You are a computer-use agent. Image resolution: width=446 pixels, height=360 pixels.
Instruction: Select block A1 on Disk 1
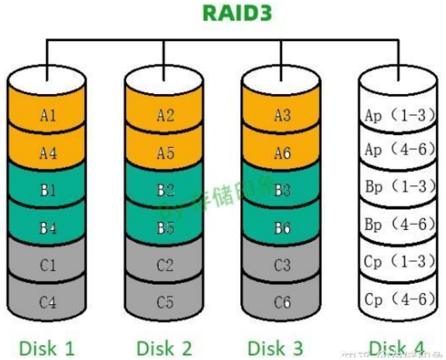coord(48,116)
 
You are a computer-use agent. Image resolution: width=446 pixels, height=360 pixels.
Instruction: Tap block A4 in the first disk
coord(48,153)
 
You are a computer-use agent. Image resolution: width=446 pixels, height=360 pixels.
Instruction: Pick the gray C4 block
coord(48,302)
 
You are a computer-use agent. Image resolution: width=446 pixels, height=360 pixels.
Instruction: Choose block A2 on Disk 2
coord(165,116)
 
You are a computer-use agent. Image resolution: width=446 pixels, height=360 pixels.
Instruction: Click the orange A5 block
coord(165,153)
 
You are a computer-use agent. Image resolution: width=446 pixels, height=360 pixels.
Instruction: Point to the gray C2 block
coord(165,265)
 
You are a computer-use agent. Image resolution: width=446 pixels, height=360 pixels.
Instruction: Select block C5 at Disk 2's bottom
coord(165,302)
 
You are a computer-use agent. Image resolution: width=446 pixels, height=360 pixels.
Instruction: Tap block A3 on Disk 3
coord(282,116)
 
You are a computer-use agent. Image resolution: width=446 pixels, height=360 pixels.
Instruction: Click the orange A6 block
coord(282,153)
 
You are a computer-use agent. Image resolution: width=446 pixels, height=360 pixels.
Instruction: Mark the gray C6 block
coord(282,302)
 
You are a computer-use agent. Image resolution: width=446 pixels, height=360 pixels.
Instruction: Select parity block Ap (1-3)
coord(400,116)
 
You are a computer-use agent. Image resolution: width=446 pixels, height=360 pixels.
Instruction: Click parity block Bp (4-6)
coord(400,224)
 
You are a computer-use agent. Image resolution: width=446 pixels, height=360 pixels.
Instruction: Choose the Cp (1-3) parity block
coord(400,262)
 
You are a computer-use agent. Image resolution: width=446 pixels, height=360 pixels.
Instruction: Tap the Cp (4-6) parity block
coord(400,299)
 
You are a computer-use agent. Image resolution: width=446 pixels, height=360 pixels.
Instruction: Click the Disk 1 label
coord(48,348)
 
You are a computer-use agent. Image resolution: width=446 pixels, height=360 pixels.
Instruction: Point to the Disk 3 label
coord(282,348)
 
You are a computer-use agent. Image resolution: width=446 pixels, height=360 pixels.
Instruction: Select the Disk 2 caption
coord(165,348)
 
